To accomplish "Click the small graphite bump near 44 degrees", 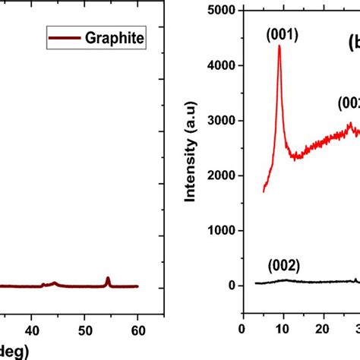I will click(x=54, y=283).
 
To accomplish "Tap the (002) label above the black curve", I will click(x=283, y=266).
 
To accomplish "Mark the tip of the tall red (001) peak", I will click(x=279, y=46).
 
